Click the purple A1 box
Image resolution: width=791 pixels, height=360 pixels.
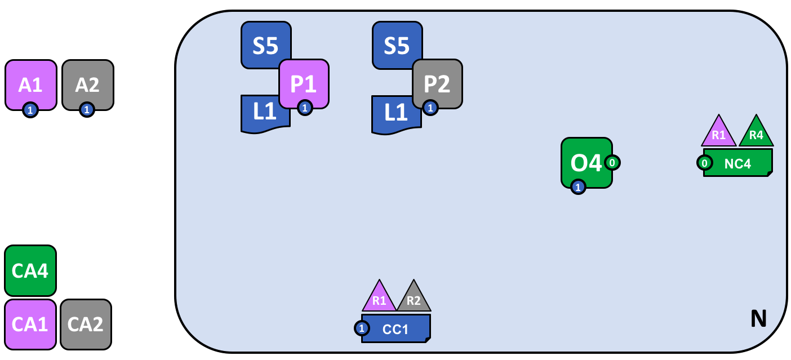31,84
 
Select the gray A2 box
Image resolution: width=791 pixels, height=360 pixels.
87,84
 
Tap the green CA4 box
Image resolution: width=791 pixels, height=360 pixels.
30,270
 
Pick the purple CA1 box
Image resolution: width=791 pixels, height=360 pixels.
30,325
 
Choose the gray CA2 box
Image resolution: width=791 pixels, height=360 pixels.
86,325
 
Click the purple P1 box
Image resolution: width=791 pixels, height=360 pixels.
304,83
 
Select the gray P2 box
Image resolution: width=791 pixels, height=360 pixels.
437,83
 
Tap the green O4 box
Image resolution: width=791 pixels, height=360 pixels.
586,162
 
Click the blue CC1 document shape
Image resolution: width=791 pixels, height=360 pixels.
396,329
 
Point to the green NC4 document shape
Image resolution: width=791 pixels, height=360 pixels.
738,163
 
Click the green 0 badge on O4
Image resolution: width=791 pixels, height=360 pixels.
612,163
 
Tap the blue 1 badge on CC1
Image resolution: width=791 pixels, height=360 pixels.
362,328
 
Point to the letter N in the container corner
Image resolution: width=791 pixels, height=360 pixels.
758,319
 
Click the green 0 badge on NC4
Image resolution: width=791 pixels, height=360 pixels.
704,163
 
